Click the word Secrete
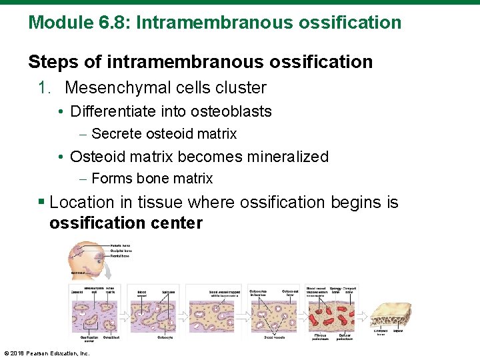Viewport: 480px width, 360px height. tap(112, 134)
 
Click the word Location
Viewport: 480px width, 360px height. tap(82, 202)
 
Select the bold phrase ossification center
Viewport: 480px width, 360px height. tap(125, 223)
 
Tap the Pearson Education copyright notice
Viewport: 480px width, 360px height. tap(47, 353)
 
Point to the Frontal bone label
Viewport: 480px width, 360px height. tap(122, 257)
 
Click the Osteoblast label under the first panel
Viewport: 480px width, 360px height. tap(111, 338)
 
